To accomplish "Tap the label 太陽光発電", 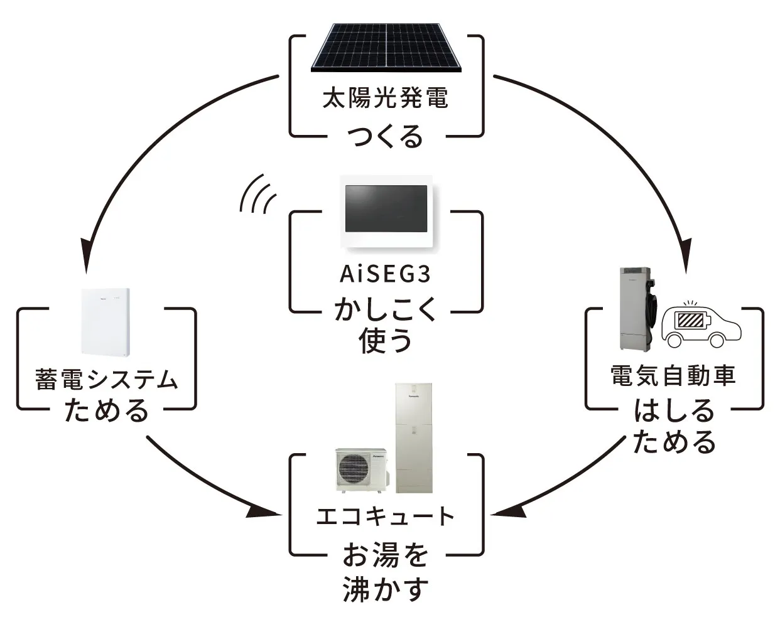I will click(x=386, y=99).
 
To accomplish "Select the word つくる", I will click(x=386, y=136).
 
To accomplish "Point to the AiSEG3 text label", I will click(x=385, y=275).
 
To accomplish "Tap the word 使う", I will click(x=385, y=341).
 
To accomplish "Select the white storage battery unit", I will click(x=105, y=321).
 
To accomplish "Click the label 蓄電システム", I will click(x=107, y=380).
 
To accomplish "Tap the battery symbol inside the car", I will click(x=693, y=321).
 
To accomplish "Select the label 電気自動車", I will click(x=673, y=376).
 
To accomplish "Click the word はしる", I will click(x=674, y=412).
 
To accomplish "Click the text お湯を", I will click(x=386, y=555).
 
